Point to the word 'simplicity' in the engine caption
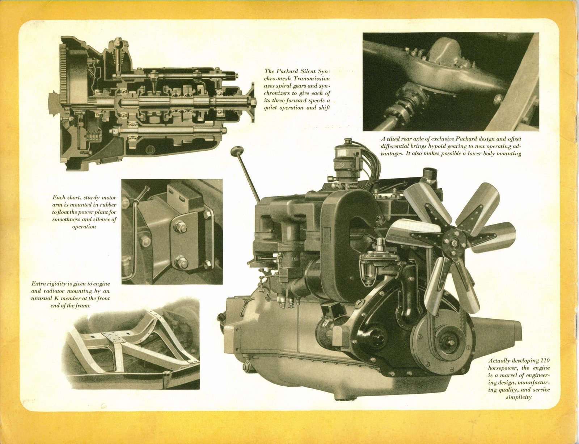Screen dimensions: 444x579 pos(519,397)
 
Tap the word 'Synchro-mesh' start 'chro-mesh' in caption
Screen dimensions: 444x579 pos(279,78)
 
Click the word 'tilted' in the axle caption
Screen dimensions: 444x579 pos(394,139)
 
